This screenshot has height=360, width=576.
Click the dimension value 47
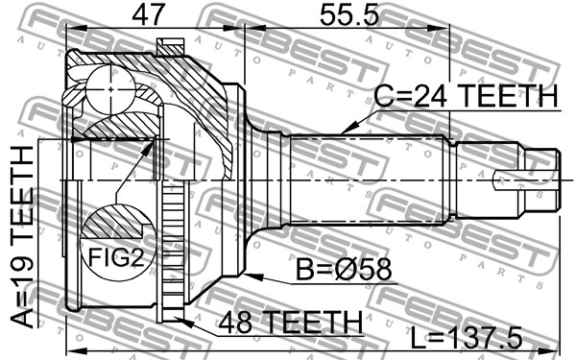147,14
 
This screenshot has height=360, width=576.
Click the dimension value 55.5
348,14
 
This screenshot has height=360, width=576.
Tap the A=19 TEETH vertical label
23,236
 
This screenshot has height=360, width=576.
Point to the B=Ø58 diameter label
345,269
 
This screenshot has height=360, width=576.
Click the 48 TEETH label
291,322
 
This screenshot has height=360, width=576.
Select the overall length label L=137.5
466,338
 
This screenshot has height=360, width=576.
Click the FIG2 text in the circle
116,257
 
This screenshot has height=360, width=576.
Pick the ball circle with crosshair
111,89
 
